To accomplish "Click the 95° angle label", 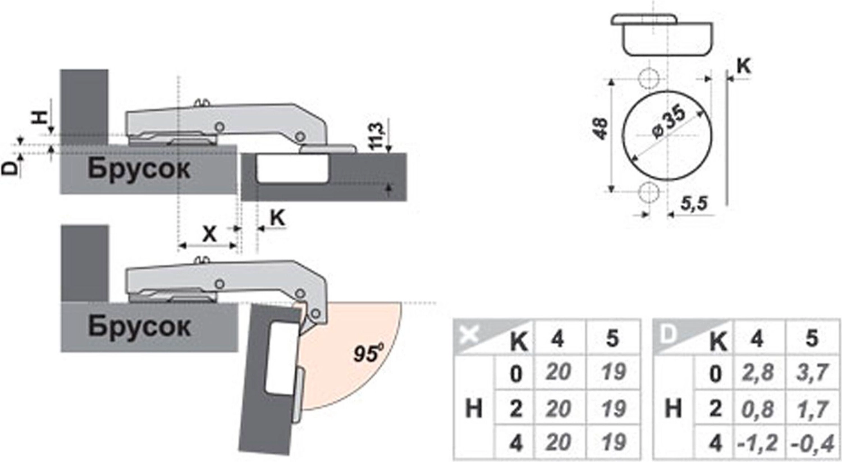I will point(368,353).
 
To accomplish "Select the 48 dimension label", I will point(600,129).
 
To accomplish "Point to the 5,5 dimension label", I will point(694,204).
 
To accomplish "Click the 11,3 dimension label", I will point(377,135).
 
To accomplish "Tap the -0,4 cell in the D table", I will point(812,443).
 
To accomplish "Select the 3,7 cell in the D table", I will point(812,372).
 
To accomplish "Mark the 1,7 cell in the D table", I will point(812,409).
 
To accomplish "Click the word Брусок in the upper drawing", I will point(139,168).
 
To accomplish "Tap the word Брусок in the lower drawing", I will point(139,325).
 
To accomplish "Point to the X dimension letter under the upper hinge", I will point(209,233).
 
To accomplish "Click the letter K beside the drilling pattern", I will point(743,66).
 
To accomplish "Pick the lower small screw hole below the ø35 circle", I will point(649,193).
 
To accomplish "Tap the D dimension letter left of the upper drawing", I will point(10,167).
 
